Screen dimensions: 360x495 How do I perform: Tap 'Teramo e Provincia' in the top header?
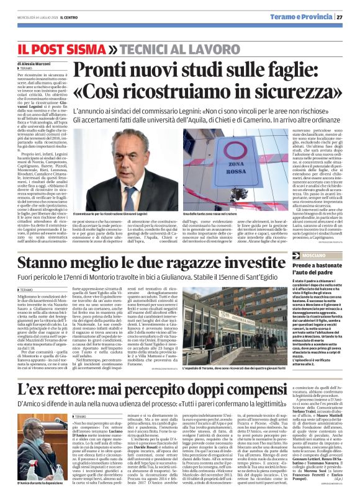tap(309, 17)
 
